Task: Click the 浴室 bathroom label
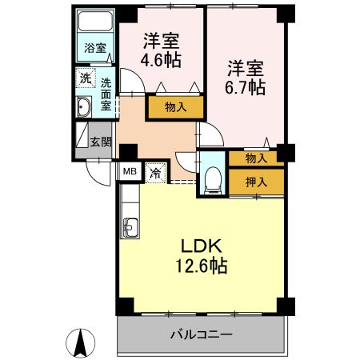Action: (x=95, y=48)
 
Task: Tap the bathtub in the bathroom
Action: (x=96, y=24)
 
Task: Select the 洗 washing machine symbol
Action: (x=85, y=79)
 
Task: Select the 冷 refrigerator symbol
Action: (x=156, y=172)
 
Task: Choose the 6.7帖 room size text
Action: (x=245, y=89)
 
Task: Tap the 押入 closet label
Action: (x=255, y=182)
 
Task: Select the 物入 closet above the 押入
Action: (x=255, y=158)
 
